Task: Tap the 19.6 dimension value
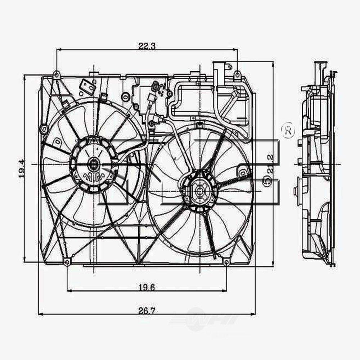[x=147, y=287]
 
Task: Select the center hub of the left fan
[x=94, y=165]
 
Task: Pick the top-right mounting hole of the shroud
[x=237, y=75]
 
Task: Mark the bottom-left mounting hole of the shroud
[x=67, y=262]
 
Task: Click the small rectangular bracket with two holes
[x=87, y=86]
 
